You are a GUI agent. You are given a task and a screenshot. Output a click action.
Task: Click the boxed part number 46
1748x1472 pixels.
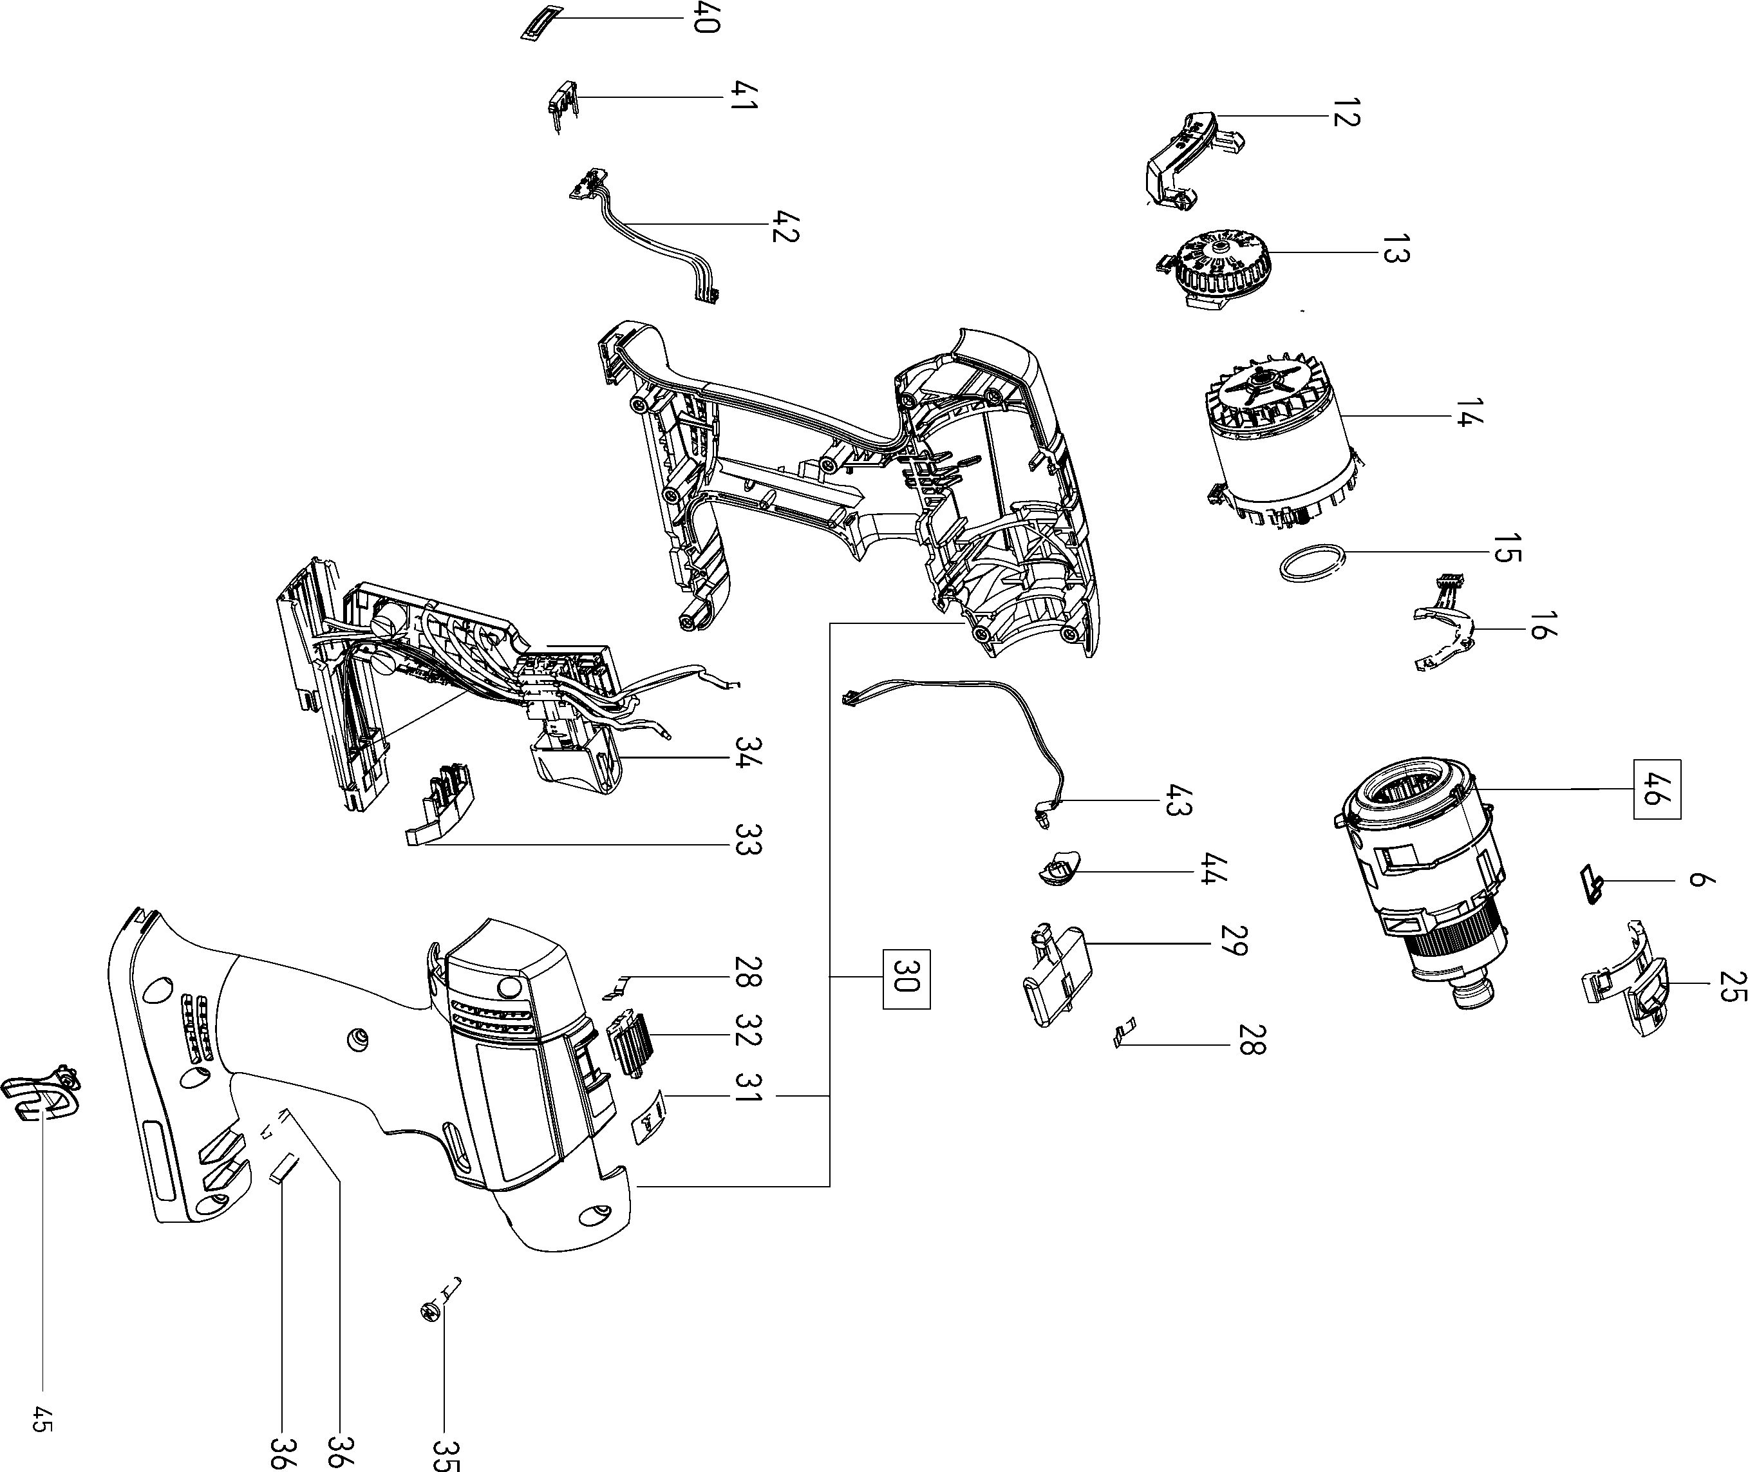pyautogui.click(x=1656, y=789)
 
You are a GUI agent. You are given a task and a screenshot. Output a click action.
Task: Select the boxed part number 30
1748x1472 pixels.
pyautogui.click(x=906, y=979)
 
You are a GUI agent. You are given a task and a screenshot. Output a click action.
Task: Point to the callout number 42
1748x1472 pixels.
pyautogui.click(x=785, y=223)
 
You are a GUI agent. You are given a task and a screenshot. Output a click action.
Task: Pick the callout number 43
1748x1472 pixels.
pyautogui.click(x=1179, y=800)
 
